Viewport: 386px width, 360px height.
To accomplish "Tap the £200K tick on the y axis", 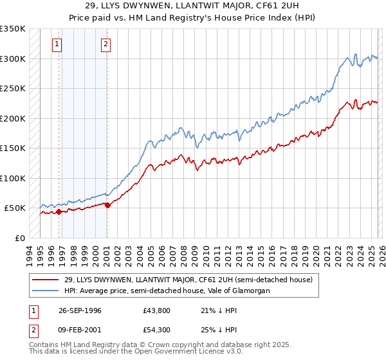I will (x=12, y=118).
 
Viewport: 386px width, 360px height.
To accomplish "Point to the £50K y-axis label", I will (x=15, y=208).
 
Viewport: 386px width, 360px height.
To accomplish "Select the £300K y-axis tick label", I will (x=12, y=59).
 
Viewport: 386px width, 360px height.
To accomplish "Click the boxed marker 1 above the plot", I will (x=58, y=44).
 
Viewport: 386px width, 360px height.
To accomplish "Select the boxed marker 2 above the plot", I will (x=106, y=44).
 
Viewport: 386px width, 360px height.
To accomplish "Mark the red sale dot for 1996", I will (x=59, y=212).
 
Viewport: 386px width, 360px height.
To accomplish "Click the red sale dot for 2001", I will (x=107, y=205).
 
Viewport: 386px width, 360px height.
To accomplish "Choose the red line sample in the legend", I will (x=46, y=280).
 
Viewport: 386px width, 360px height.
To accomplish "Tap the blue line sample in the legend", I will (x=46, y=291).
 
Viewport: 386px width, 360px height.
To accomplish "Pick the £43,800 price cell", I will (x=157, y=310).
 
